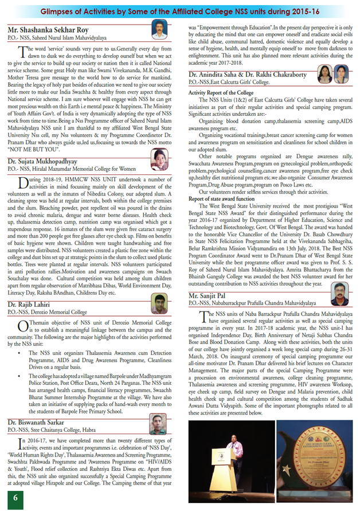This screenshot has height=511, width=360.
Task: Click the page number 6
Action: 17,497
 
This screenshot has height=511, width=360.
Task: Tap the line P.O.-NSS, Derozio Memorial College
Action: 49,313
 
